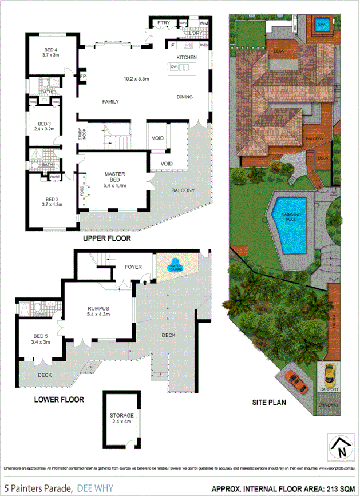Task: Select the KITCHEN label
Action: tap(187, 58)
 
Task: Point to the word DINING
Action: tap(184, 97)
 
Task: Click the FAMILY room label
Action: tap(110, 102)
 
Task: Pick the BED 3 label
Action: tap(45, 124)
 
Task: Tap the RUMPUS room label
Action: tap(98, 309)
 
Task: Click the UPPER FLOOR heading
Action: tap(107, 238)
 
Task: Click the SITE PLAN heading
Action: tap(269, 402)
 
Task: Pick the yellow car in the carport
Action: tap(329, 375)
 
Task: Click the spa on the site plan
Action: tap(322, 25)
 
